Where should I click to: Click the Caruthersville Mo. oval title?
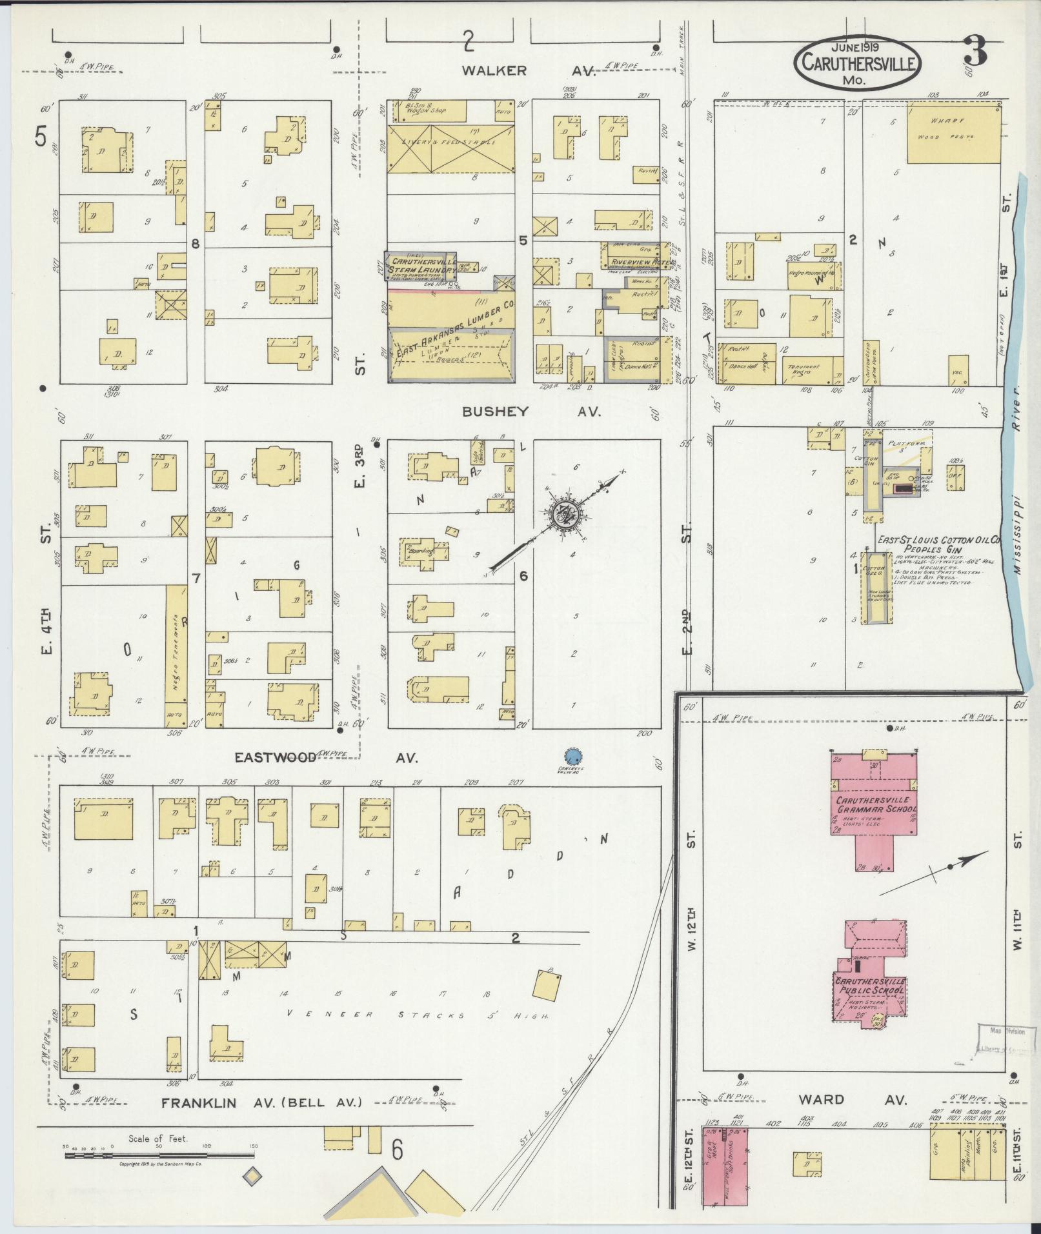tap(857, 63)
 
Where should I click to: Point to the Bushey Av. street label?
tap(531, 412)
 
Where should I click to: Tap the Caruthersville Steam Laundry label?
tap(420, 266)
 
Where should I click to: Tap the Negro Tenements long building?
tap(176, 644)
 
